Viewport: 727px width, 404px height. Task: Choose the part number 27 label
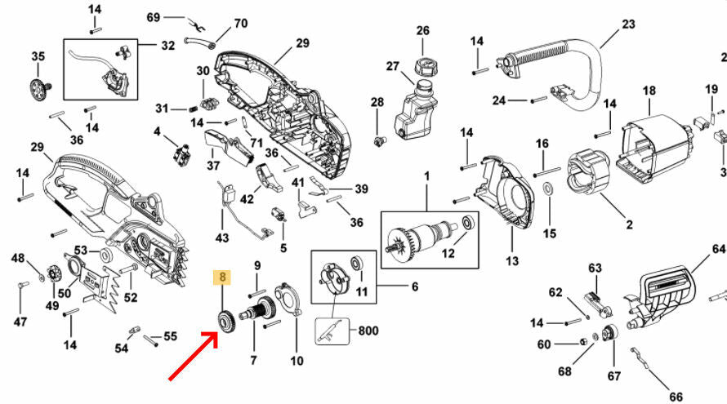(393, 67)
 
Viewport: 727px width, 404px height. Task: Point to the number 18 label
(649, 91)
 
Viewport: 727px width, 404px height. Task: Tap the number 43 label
(222, 237)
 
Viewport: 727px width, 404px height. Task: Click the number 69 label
(154, 17)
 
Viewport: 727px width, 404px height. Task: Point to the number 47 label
(20, 322)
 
